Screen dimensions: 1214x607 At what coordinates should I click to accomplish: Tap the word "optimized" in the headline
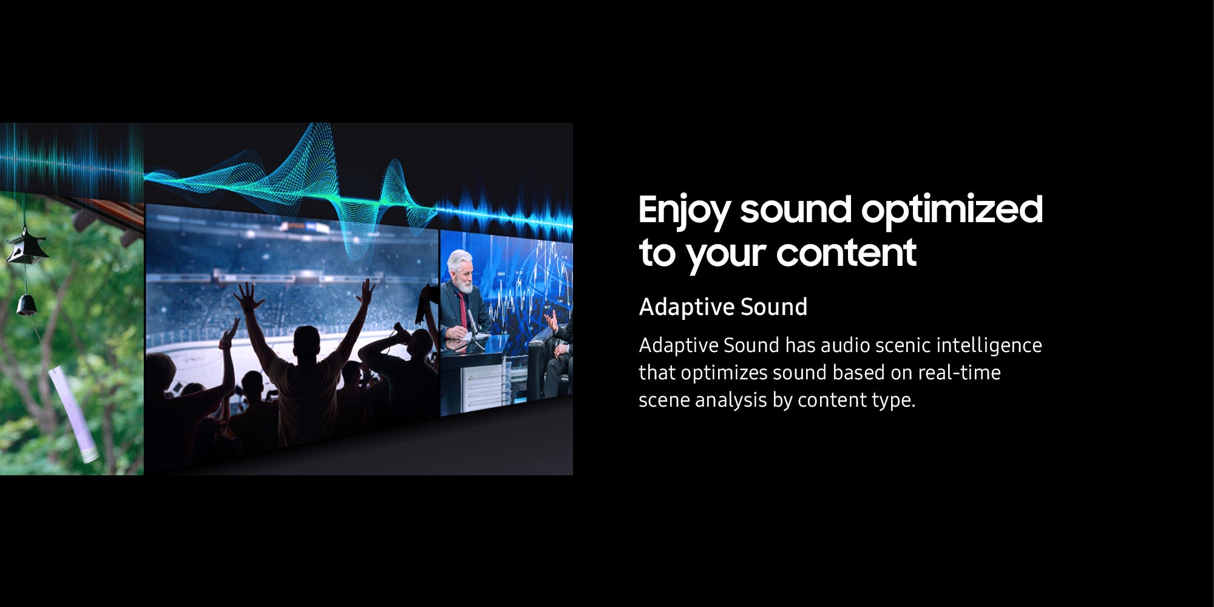pos(952,210)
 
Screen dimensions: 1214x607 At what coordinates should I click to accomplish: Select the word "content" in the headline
pos(846,253)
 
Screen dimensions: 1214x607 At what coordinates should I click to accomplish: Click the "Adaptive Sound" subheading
pos(723,307)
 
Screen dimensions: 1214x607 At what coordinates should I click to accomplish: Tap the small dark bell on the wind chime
pos(26,305)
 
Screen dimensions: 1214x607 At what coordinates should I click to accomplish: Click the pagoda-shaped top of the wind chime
pos(26,246)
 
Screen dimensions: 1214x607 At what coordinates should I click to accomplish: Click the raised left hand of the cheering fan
pos(248,297)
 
